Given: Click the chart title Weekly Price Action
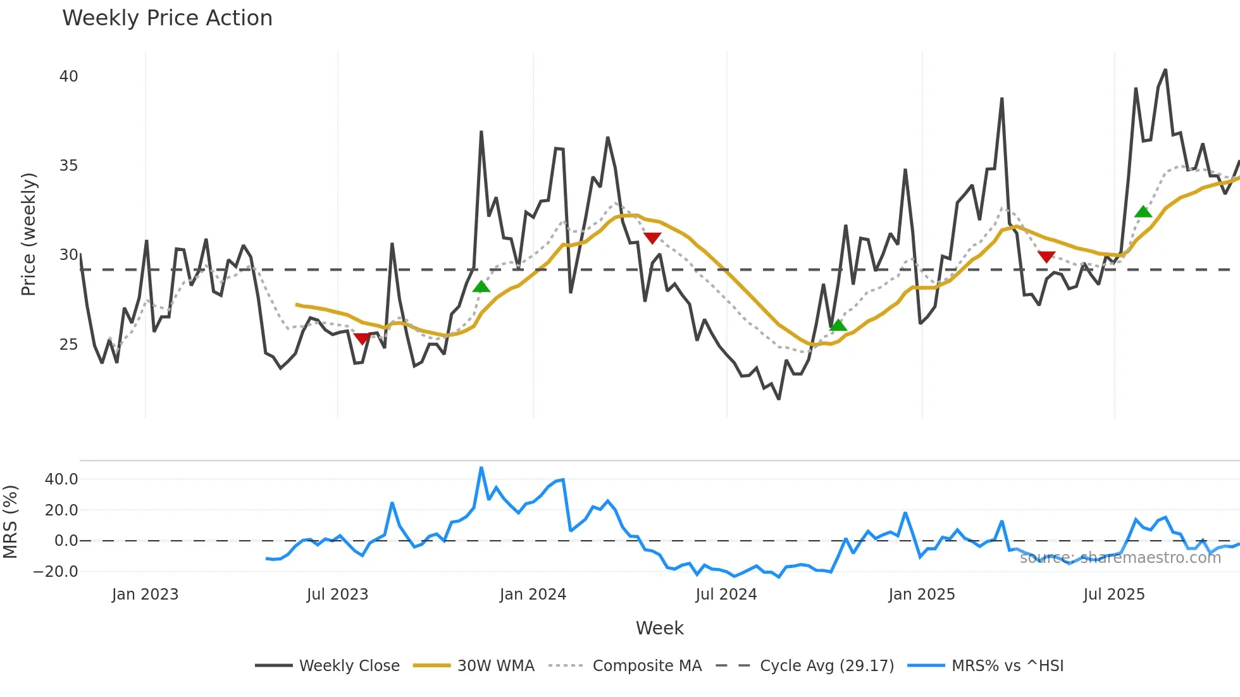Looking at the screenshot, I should [x=167, y=18].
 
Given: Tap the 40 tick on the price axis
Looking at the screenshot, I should [x=68, y=77].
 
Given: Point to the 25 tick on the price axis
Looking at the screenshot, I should [x=68, y=345].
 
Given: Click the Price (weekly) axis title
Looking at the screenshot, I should [x=28, y=234].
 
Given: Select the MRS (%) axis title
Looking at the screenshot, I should [x=10, y=522].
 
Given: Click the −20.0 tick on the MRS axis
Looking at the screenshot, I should [x=56, y=572].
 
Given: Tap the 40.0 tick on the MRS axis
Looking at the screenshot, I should [x=61, y=479].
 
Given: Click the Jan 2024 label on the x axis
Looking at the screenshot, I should [x=533, y=595].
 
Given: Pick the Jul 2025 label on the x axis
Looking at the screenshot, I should [x=1113, y=595].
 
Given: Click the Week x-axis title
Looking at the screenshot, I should [x=659, y=628].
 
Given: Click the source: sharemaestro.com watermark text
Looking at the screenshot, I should [x=1120, y=558].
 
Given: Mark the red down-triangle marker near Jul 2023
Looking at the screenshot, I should [x=362, y=338].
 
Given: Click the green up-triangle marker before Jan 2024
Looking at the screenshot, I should [x=481, y=287].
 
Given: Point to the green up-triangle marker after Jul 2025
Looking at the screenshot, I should [x=1143, y=211].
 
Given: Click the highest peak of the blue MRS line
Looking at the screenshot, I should [x=481, y=468].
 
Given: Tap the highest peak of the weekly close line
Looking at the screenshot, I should [x=1165, y=70].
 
